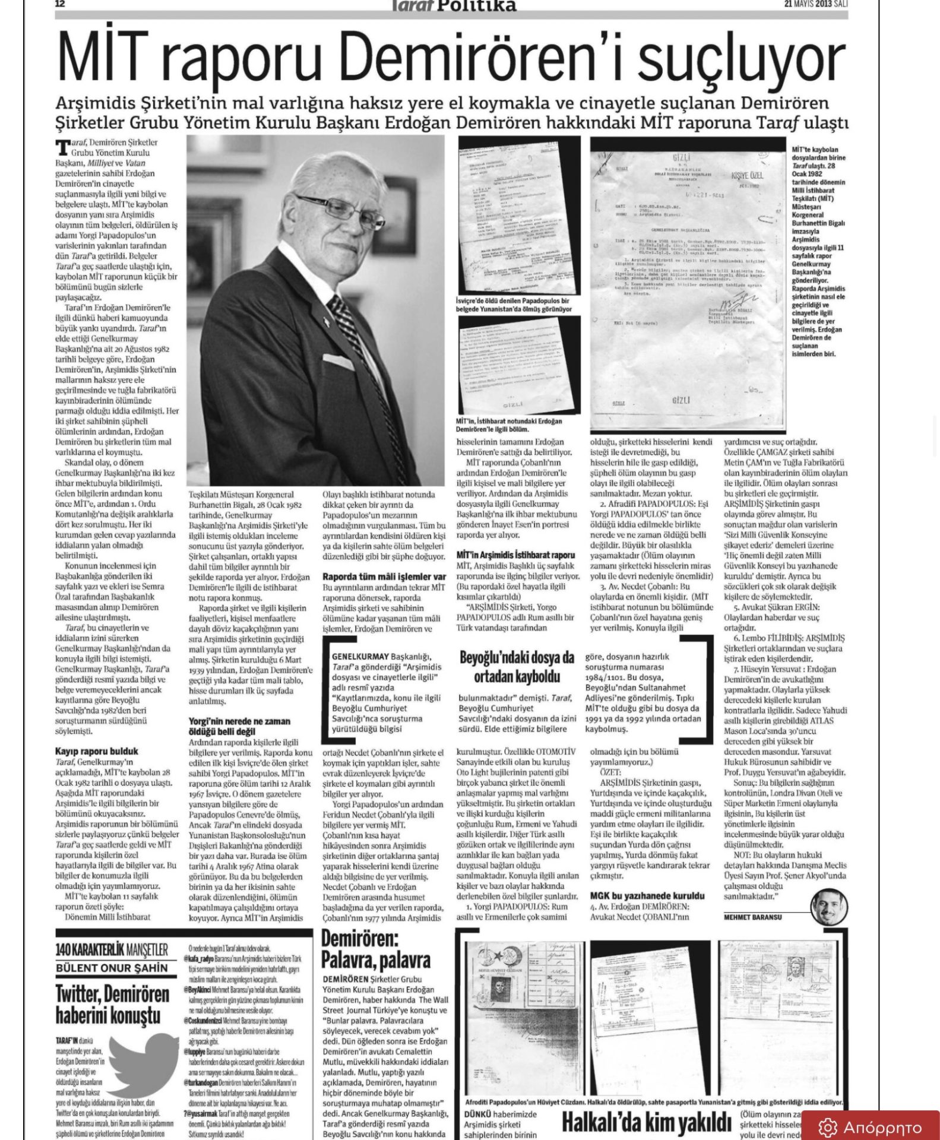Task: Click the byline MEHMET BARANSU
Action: point(752,917)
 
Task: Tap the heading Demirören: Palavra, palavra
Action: point(375,950)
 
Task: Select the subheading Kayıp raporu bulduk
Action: point(97,751)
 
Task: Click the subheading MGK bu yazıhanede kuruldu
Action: point(647,895)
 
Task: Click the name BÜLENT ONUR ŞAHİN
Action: point(112,968)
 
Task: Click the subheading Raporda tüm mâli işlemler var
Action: point(384,577)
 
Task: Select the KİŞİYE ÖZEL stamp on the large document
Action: point(747,176)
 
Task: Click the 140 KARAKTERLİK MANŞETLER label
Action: point(112,949)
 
